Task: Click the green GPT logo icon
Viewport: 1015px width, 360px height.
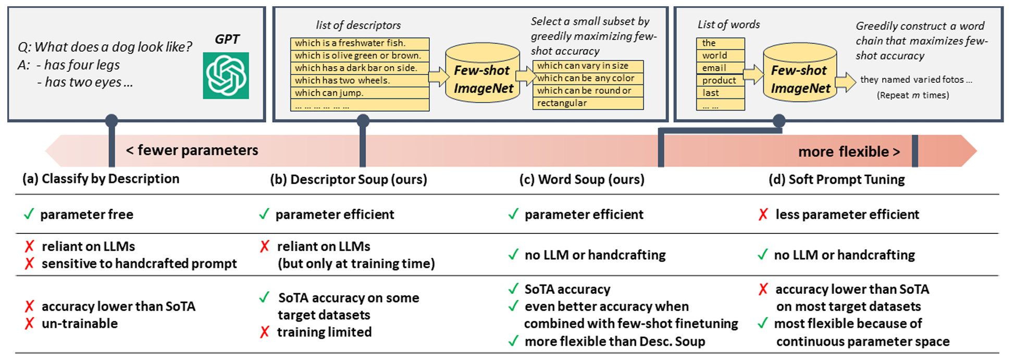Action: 226,76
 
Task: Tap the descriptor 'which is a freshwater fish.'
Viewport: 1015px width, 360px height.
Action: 350,43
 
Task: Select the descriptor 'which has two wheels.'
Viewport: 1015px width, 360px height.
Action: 342,80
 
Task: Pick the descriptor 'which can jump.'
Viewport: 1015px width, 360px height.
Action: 329,93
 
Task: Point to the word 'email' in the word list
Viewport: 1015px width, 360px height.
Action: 714,68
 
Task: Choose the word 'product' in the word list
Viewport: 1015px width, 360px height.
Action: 719,80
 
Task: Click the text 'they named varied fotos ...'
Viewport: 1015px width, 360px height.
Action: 916,79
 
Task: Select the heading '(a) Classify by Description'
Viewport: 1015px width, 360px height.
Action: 101,179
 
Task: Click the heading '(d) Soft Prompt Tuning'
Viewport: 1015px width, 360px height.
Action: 837,179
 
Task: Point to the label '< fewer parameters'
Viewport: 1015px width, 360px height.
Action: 192,151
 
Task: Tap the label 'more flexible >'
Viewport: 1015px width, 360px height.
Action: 849,152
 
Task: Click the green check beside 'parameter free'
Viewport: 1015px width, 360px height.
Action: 29,214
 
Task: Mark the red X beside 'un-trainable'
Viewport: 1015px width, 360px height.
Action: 30,324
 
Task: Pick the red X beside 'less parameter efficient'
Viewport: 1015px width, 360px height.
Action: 763,214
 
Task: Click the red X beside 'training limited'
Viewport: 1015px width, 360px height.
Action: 265,332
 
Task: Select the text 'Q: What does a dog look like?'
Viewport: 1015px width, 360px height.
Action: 105,47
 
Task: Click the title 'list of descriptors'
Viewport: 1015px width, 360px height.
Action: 358,25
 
